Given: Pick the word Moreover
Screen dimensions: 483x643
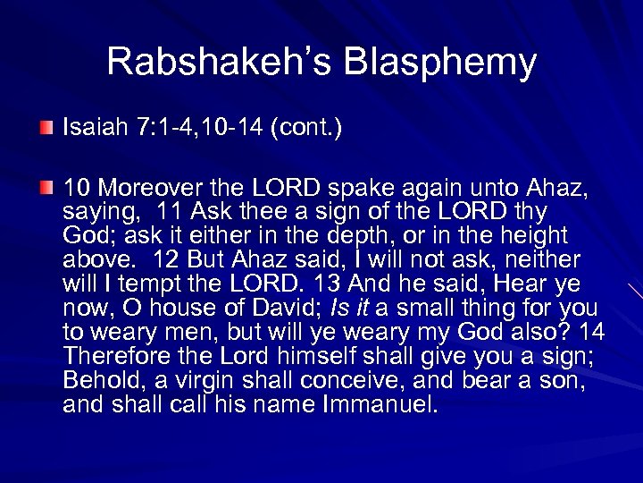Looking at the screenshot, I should (158, 188).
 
